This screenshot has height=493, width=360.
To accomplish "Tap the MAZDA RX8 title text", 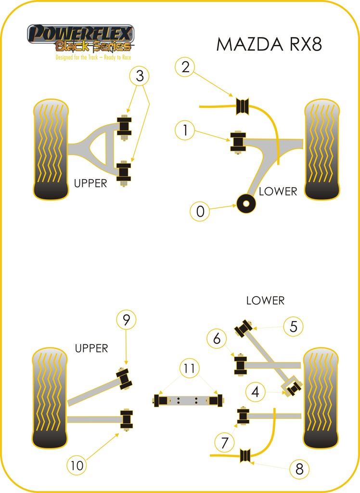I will click(269, 44).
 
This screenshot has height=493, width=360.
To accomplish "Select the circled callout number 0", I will click(200, 211).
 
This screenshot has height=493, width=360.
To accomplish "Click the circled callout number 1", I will click(184, 130).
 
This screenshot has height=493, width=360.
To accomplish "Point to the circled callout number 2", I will click(185, 67).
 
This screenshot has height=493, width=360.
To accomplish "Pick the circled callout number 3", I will click(140, 76).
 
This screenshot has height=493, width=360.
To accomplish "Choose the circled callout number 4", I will click(255, 392).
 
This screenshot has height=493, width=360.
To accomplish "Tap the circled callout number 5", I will click(294, 326).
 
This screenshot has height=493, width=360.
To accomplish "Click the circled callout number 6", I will click(217, 339).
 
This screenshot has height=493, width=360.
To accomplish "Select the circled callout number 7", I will click(225, 441).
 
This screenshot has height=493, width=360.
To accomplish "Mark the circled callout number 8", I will click(299, 469).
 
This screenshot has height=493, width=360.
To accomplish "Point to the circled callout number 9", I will click(126, 319).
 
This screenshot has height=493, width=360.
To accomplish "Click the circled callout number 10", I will click(77, 465).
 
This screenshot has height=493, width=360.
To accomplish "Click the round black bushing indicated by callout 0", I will click(246, 204).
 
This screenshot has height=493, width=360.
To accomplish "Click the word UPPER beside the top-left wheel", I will click(90, 183).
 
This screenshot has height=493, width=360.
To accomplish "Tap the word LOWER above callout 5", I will click(265, 300).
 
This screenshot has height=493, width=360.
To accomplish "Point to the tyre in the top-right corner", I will click(321, 149).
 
